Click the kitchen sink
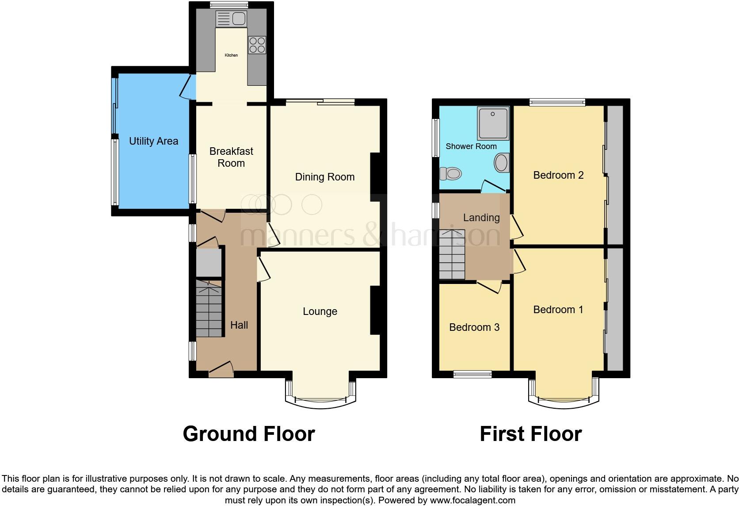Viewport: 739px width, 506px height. pos(231,19)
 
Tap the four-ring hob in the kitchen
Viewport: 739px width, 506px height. pos(257,44)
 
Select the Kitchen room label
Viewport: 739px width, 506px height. pos(231,55)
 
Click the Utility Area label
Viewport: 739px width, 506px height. pos(153,141)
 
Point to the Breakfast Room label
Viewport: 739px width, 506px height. pos(231,157)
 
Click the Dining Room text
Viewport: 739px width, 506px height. pos(324,177)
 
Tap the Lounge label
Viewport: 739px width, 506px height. pos(320,311)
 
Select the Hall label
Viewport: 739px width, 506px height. pos(239,325)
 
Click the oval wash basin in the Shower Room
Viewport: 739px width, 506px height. pos(501,163)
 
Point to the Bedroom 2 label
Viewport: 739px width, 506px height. pos(558,175)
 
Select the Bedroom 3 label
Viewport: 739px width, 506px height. pos(474,327)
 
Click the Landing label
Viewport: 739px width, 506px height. pos(481,218)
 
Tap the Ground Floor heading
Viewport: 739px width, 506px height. pos(248,434)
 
